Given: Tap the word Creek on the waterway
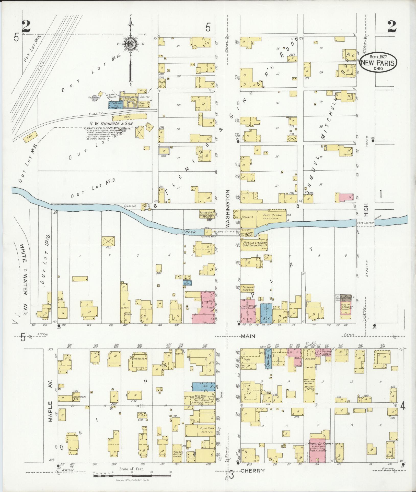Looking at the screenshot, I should pyautogui.click(x=189, y=232).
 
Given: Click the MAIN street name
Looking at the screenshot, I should pyautogui.click(x=248, y=336).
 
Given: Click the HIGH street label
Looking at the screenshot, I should pyautogui.click(x=366, y=210).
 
